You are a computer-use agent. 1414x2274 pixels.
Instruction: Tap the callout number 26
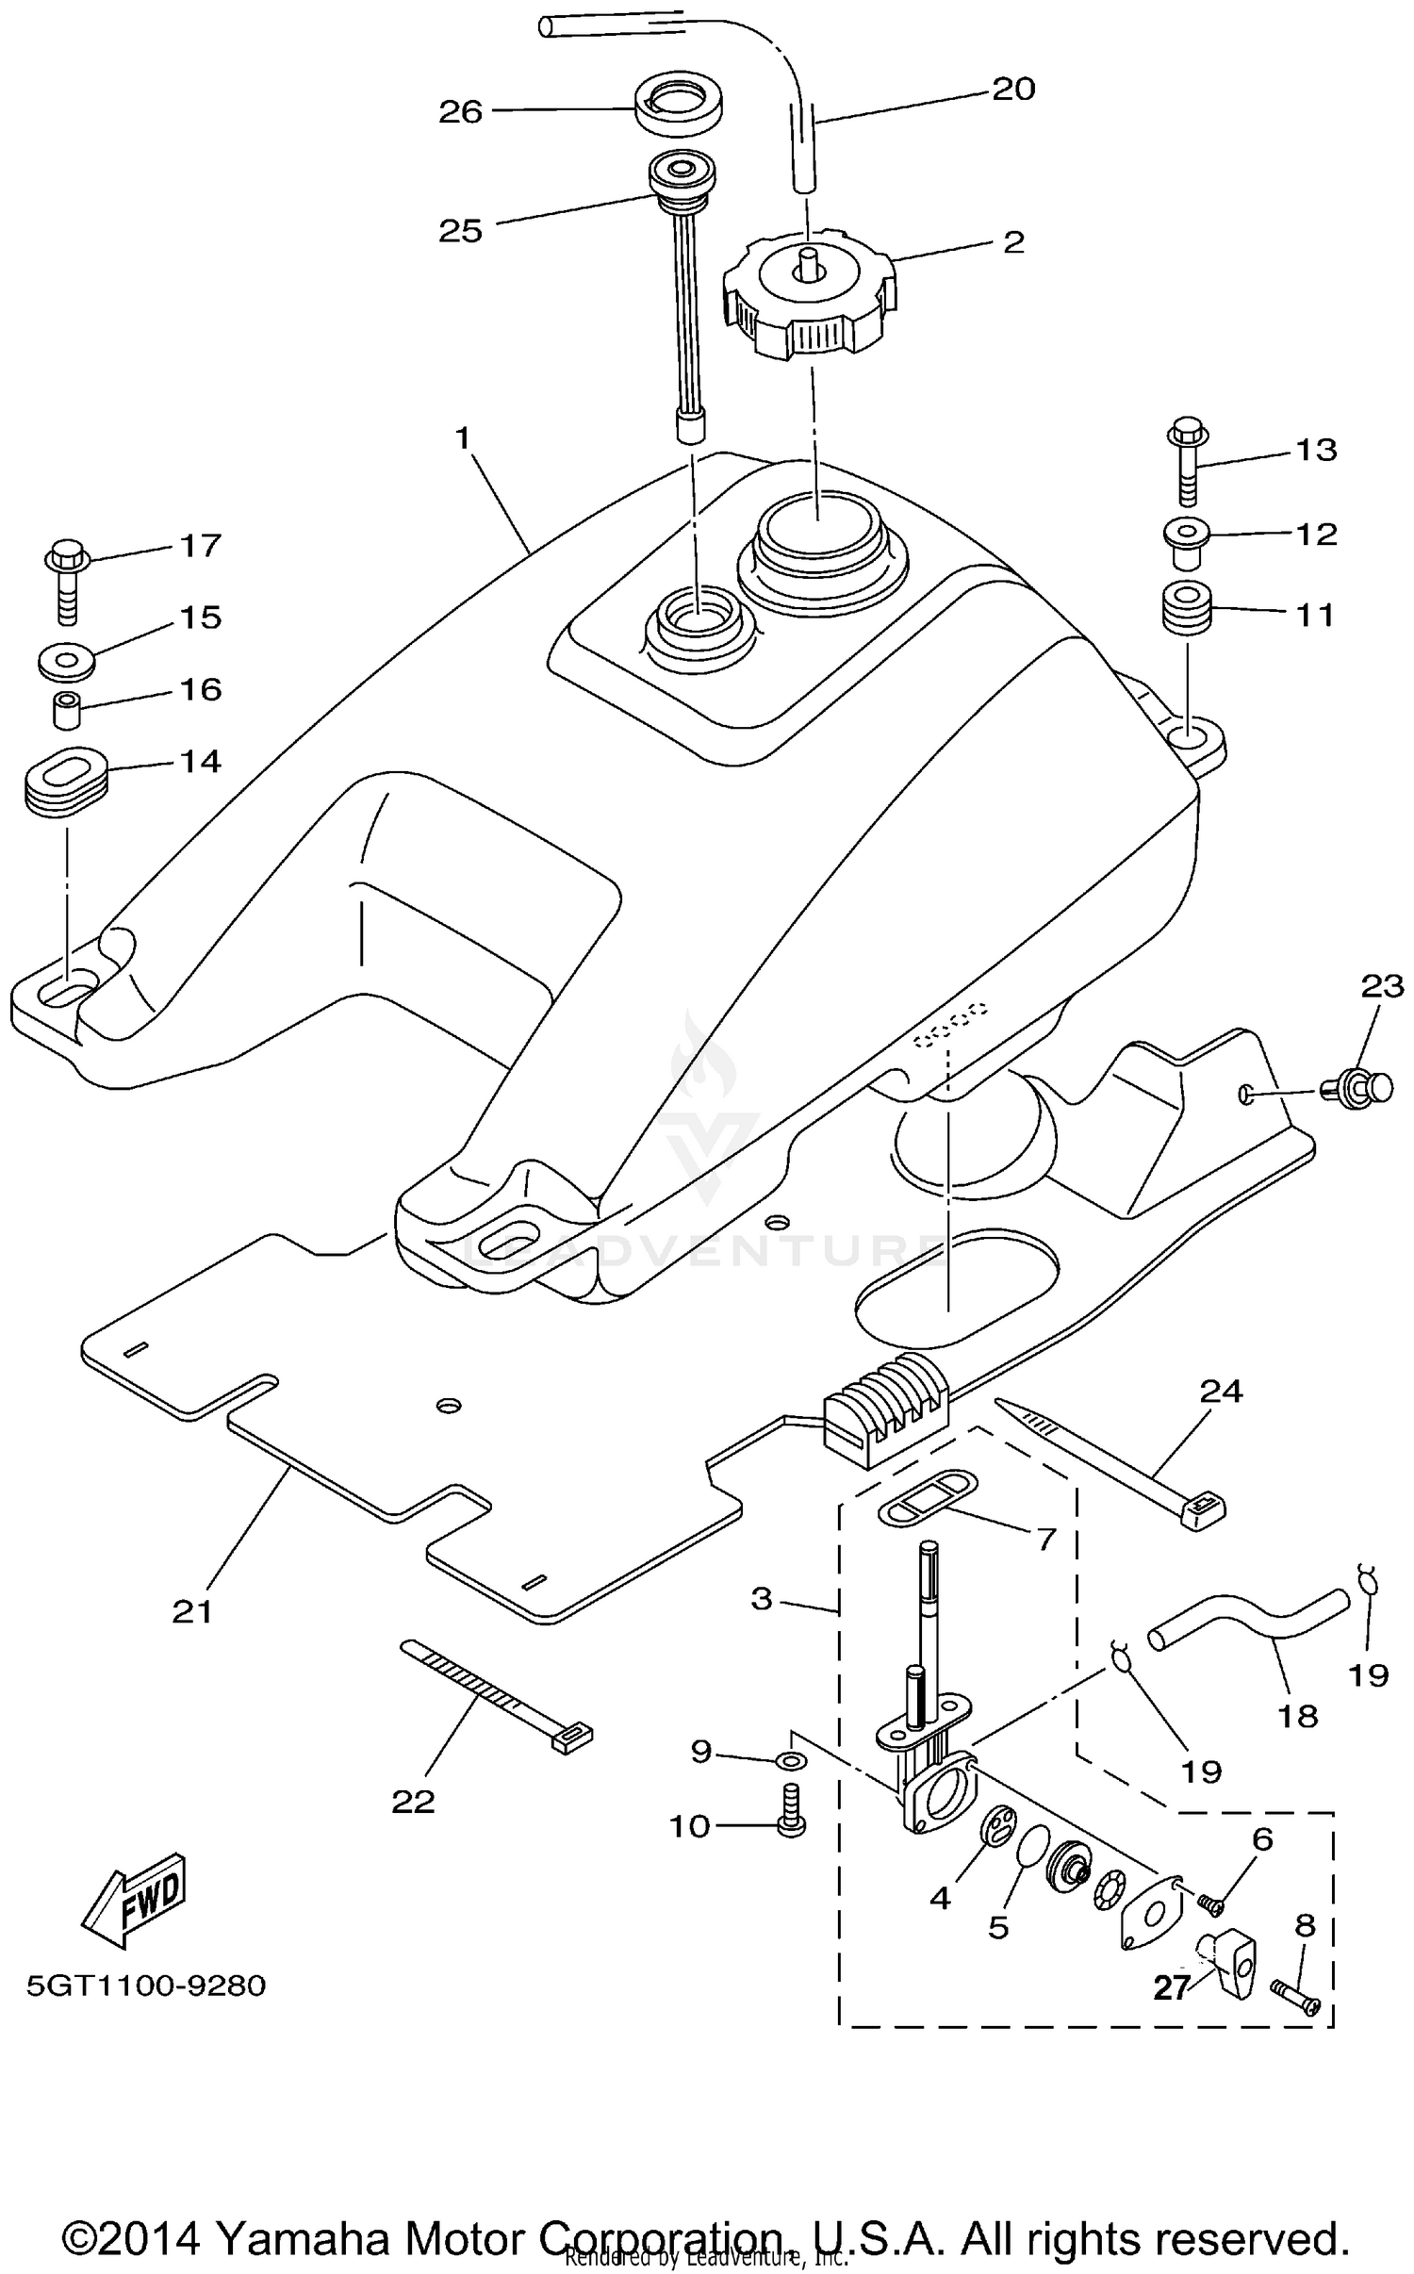pos(460,112)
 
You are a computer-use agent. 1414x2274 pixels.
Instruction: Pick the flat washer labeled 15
pos(66,659)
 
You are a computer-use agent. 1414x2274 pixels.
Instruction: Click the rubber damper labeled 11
pos(1185,609)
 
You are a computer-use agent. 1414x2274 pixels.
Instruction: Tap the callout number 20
pos(1013,90)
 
